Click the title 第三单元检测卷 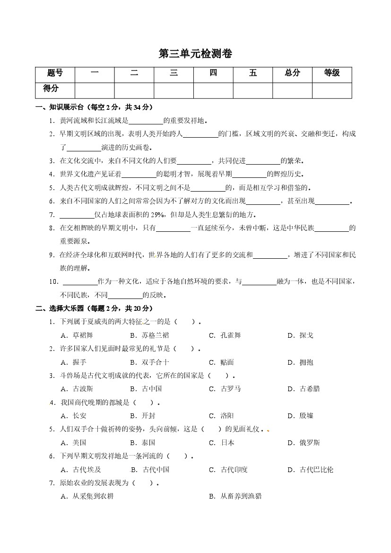[195, 54]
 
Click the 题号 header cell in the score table [55, 73]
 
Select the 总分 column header [292, 73]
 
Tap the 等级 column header [331, 73]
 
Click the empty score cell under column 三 [174, 90]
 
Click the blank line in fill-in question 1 [146, 122]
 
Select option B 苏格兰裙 [149, 335]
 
